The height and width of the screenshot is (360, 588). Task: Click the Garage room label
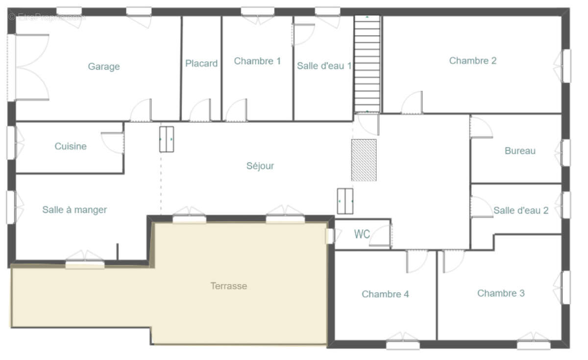coord(104,67)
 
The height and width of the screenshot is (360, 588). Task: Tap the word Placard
coord(201,63)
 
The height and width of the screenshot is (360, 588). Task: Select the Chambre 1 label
coord(257,61)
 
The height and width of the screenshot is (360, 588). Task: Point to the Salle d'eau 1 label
coord(324,66)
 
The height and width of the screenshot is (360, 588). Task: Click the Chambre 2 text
coord(473,61)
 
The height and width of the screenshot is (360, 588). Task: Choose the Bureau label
coord(520,151)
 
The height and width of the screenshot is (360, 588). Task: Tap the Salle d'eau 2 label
coord(521,210)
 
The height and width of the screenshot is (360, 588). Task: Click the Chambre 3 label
coord(501,293)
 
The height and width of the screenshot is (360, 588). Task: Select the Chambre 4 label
coord(385,294)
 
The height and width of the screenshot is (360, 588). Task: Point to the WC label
coord(362,234)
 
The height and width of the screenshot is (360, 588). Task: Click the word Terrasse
coord(229,286)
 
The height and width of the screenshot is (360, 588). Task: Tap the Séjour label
coord(260,166)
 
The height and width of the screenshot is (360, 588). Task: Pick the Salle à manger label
coord(74,210)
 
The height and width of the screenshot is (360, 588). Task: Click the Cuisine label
coord(71,146)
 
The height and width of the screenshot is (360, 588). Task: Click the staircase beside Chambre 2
coord(367,64)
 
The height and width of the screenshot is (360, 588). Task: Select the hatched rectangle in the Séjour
coord(364,160)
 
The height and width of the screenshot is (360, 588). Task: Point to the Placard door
coord(200,110)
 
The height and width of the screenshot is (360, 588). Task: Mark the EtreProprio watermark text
coord(47,17)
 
